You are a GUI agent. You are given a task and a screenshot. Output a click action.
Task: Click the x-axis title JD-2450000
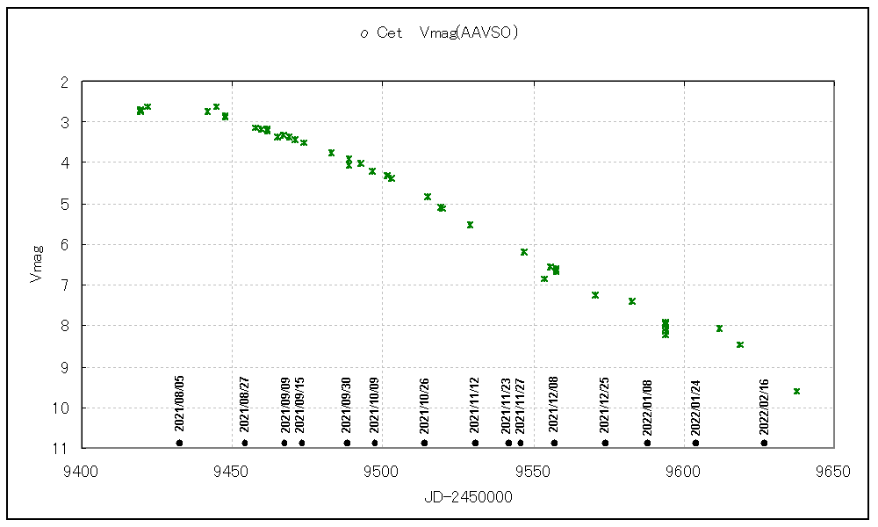457,497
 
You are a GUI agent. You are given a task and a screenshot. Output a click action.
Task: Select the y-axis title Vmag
36,264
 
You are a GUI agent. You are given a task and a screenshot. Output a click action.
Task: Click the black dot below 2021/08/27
245,443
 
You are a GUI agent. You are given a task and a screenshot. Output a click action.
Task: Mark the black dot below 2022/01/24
695,443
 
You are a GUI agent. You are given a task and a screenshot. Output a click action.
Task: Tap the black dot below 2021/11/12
475,443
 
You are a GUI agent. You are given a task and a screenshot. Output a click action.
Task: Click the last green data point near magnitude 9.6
796,391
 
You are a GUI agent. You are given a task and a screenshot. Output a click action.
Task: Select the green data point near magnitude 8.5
740,344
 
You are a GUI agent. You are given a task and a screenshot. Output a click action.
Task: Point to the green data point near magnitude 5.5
470,225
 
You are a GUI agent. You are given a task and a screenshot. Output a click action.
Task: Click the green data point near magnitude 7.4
632,301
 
